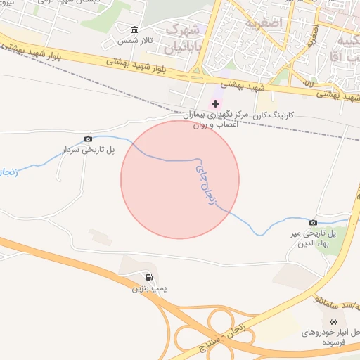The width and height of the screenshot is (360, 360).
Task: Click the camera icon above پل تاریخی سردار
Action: (88, 139)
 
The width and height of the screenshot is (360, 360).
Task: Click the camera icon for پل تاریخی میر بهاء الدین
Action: (313, 222)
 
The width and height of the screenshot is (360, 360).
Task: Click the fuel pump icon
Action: (148, 276)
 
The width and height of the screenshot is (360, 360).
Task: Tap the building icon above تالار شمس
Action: (135, 30)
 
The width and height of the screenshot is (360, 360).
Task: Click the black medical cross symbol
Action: (215, 103)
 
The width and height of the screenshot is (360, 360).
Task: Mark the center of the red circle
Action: (180, 179)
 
